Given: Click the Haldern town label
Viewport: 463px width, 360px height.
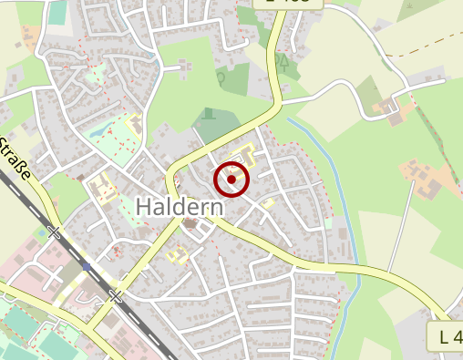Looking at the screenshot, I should tap(180, 207).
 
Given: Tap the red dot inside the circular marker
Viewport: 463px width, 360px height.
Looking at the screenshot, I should tap(231, 180).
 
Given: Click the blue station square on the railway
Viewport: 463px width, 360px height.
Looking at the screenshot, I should tap(85, 268).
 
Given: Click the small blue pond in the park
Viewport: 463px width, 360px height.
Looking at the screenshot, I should tap(123, 126).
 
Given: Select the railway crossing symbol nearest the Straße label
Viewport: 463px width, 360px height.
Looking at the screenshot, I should tap(54, 232).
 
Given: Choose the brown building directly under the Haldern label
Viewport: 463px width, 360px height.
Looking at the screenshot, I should tap(190, 223).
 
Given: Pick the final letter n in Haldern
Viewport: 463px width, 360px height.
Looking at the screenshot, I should tap(217, 207).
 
